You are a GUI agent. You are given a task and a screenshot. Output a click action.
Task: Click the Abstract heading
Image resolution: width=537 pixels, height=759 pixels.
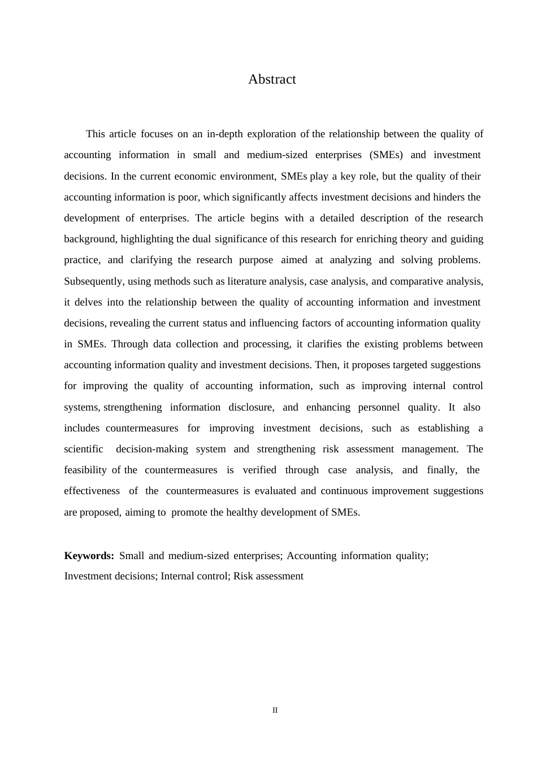272,79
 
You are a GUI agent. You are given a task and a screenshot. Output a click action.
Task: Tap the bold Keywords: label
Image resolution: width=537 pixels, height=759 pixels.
89,556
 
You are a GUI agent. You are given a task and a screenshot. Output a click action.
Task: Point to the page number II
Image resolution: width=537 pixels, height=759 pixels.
275,710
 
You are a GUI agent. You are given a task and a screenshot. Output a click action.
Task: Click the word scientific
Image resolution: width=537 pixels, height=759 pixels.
84,449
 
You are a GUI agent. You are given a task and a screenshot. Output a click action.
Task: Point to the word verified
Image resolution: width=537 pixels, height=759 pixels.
259,470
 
